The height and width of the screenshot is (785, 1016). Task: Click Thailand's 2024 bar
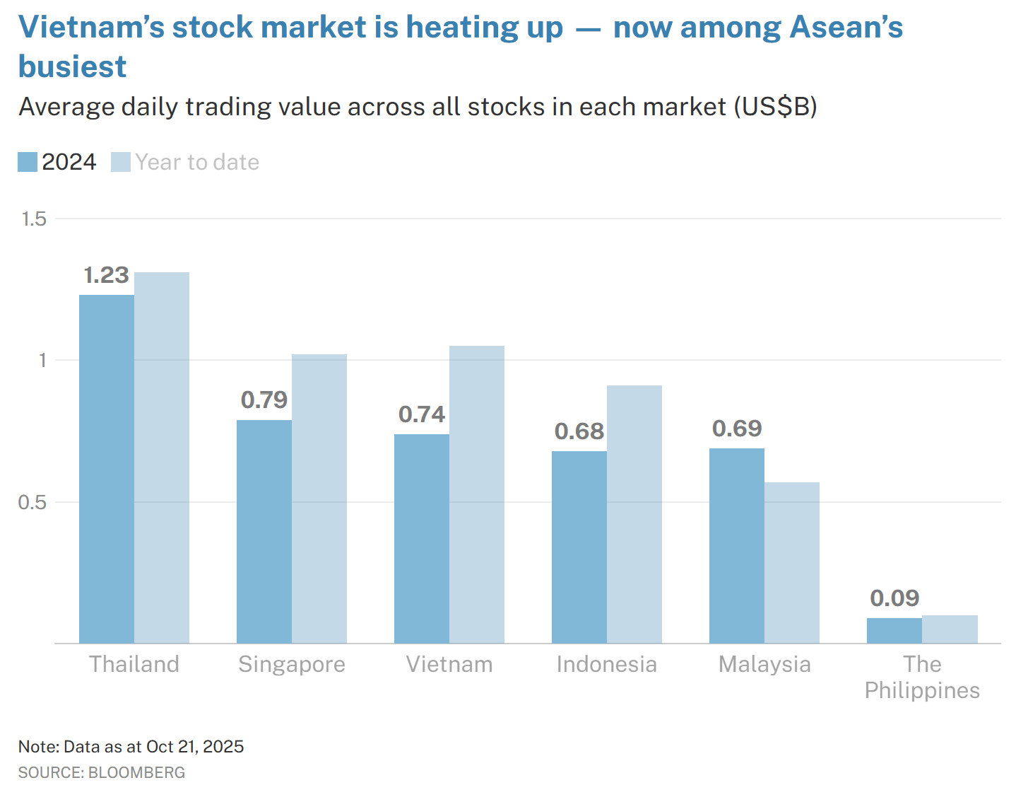(x=106, y=468)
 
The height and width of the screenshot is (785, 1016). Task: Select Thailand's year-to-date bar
(x=162, y=458)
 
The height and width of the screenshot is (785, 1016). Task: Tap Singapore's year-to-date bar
(x=319, y=499)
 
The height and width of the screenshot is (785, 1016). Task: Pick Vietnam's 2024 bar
(x=421, y=538)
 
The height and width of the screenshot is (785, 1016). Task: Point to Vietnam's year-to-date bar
(x=477, y=494)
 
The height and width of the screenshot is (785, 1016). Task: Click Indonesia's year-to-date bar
(x=634, y=514)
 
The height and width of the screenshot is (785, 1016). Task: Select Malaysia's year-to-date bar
(x=792, y=562)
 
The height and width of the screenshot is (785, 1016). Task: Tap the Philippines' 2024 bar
(x=894, y=631)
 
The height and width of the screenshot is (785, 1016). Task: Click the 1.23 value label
(x=106, y=275)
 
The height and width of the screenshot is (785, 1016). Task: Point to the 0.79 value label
(x=264, y=400)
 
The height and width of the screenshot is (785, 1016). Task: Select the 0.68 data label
(x=579, y=431)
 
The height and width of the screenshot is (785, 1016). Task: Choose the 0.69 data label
(x=737, y=429)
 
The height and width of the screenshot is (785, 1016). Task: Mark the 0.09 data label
(x=894, y=598)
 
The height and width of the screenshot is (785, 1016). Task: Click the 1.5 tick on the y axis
(x=34, y=219)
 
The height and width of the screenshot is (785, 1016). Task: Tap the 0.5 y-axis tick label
(x=32, y=502)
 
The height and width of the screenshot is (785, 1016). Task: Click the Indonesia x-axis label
(x=606, y=664)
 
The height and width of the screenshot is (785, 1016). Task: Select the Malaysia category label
(x=764, y=664)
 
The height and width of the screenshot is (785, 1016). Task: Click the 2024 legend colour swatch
(x=28, y=162)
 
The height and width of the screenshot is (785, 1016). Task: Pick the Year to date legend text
(x=197, y=162)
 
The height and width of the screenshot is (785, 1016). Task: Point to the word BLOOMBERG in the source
(x=136, y=772)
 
